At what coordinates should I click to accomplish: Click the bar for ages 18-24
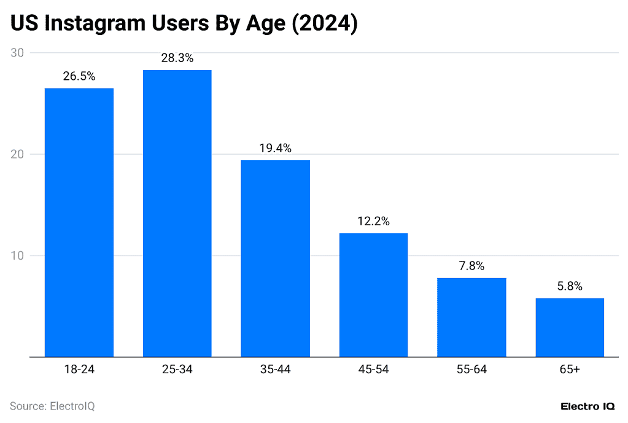point(79,222)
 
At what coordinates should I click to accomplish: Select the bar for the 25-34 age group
point(177,213)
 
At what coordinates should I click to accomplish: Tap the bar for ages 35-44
point(275,258)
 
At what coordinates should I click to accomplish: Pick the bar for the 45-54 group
point(373,295)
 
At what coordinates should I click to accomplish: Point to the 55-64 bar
point(471,317)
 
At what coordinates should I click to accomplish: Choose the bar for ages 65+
point(570,327)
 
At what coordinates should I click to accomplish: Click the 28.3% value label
point(177,58)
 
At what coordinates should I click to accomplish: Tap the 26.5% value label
point(79,77)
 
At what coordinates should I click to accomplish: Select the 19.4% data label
point(275,149)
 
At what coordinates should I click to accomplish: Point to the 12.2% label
point(373,222)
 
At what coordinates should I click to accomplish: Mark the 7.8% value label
point(471,266)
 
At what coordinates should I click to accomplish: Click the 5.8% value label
point(570,287)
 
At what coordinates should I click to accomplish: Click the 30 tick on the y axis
point(17,53)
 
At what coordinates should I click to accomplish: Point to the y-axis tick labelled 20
point(17,154)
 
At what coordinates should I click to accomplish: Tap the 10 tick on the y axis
point(17,255)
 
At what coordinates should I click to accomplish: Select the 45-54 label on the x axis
point(373,370)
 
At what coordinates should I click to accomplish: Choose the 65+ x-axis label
point(570,370)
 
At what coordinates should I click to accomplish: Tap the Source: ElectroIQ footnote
point(52,406)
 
